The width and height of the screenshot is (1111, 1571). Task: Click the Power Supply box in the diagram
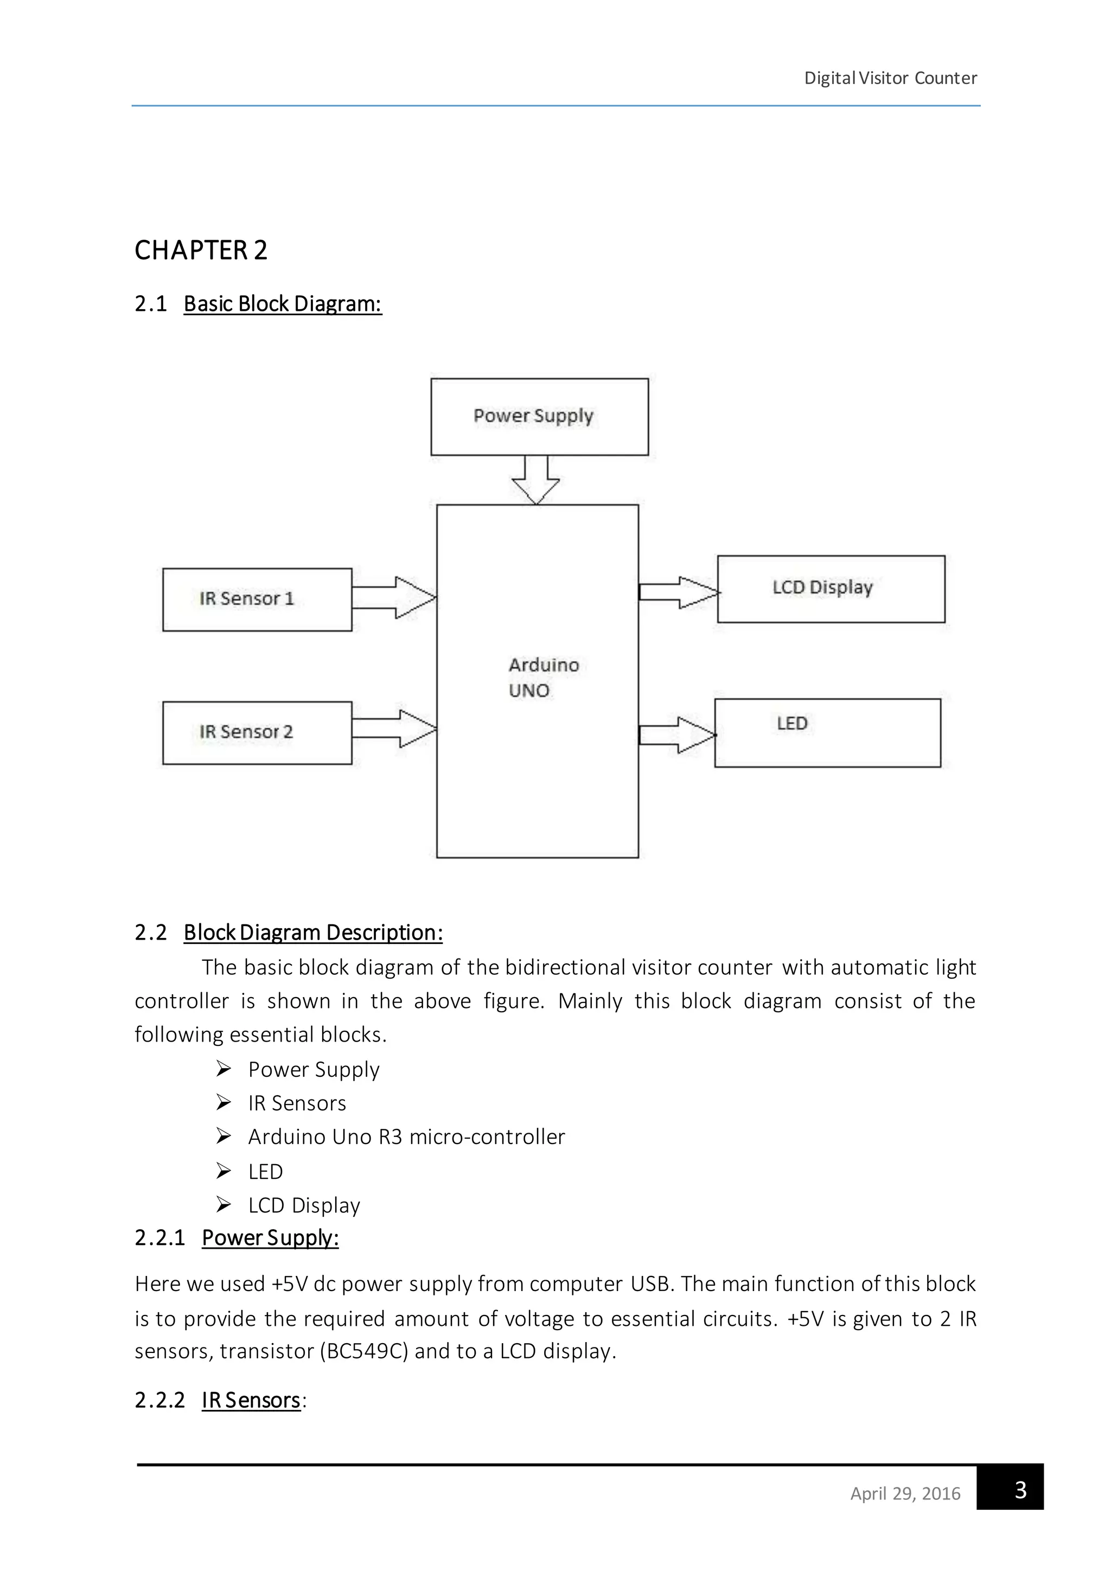(539, 417)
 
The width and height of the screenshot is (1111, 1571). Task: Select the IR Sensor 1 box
(257, 599)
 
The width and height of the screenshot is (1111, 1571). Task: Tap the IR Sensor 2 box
(257, 733)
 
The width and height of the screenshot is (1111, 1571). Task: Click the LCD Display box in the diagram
(831, 589)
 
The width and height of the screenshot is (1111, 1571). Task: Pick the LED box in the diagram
(827, 733)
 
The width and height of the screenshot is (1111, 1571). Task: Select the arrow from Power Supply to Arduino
(535, 480)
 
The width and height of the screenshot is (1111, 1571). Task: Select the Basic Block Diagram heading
(282, 304)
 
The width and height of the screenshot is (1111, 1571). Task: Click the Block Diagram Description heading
(312, 933)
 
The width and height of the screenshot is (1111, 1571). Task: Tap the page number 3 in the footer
(1019, 1490)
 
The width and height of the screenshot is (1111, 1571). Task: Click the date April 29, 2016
(904, 1493)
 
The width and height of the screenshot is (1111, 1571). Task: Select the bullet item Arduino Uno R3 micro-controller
(406, 1136)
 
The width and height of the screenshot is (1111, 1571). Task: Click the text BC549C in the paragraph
(364, 1351)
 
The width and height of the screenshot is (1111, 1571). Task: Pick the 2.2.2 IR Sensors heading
(251, 1400)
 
